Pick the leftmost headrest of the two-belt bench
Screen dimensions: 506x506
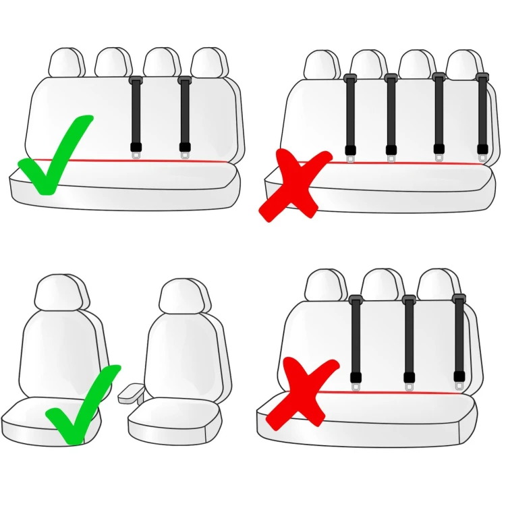[66, 63]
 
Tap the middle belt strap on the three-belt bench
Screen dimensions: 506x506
[409, 337]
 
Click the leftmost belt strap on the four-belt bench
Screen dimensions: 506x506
[349, 115]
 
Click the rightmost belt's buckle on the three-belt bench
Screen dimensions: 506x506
[460, 381]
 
